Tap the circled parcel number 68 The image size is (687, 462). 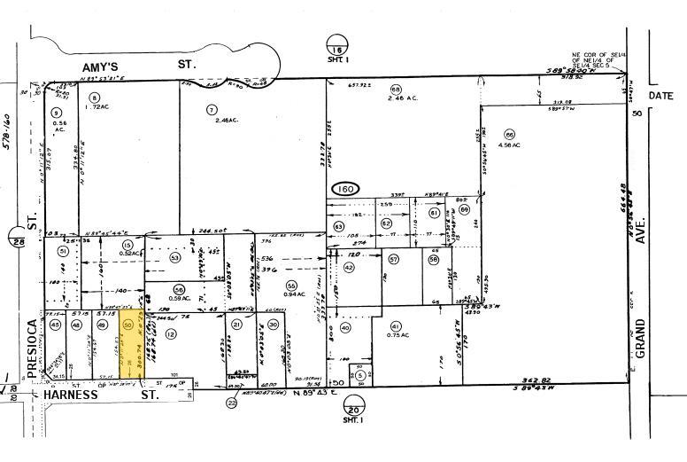point(396,90)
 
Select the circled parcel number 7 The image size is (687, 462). point(212,110)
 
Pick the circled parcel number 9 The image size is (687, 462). point(57,112)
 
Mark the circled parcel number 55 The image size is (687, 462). point(290,285)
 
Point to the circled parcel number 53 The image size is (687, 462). point(175,257)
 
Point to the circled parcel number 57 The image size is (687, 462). point(393,260)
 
